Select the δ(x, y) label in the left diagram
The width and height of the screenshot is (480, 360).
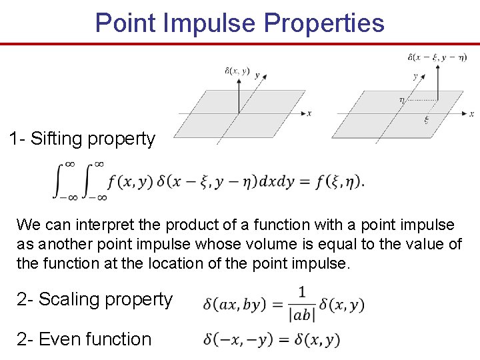[237, 71]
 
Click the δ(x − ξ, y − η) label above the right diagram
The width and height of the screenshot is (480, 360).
[437, 57]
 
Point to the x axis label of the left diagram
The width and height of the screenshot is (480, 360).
[309, 113]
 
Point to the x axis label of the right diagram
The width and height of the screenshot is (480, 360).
[472, 115]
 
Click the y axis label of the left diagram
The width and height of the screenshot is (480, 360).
[257, 75]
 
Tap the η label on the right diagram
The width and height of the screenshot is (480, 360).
[401, 100]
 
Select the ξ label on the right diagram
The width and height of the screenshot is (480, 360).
[427, 121]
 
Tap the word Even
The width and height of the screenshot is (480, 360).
[57, 339]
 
